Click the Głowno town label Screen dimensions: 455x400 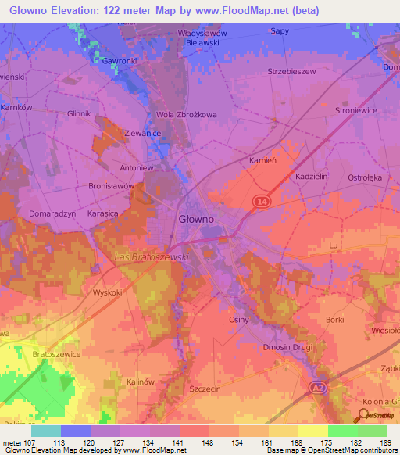click(x=195, y=219)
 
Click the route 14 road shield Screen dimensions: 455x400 click(x=259, y=201)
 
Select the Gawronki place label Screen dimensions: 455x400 click(x=120, y=59)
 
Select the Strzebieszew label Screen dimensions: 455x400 click(x=312, y=71)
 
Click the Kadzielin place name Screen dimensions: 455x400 click(x=314, y=177)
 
